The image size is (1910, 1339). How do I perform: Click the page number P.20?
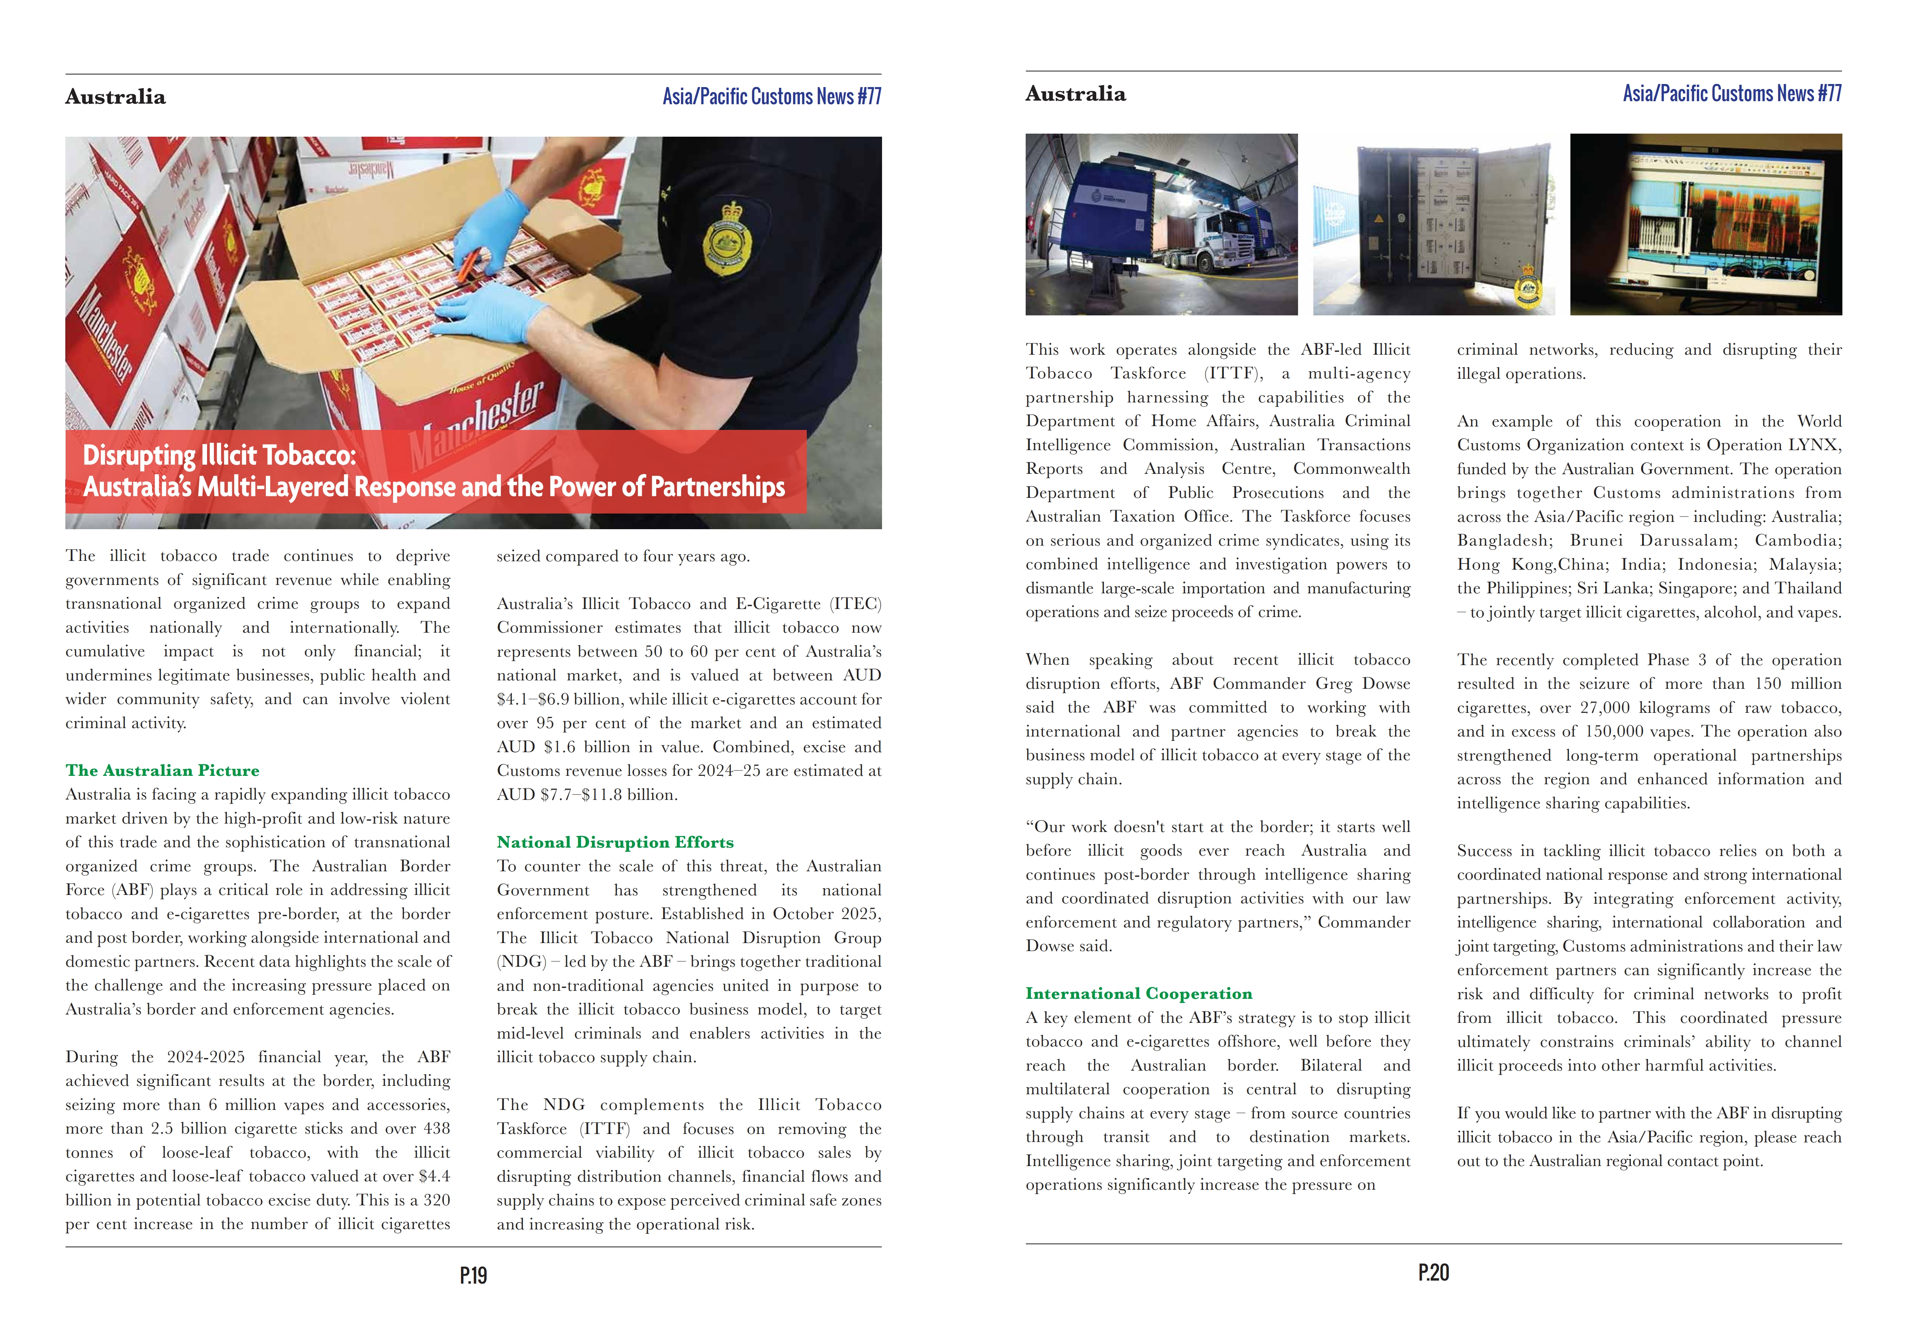(1433, 1273)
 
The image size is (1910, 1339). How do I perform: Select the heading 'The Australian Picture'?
(162, 770)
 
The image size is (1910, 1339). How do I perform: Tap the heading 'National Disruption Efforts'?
(615, 842)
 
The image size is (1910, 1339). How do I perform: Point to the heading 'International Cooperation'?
(1138, 993)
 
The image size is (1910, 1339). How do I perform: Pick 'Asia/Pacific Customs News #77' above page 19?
(771, 97)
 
